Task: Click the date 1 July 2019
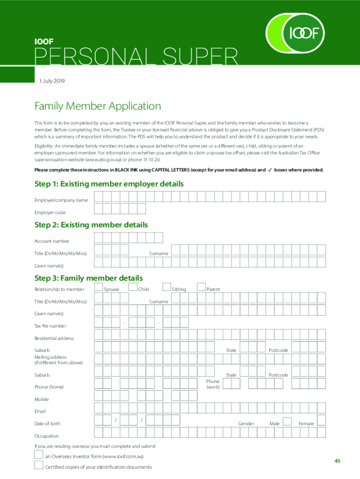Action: pos(51,81)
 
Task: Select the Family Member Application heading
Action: pos(98,106)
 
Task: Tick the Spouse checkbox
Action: pos(99,287)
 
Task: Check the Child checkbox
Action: pos(133,287)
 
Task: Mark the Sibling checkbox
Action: pos(167,287)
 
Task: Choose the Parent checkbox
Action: pos(202,287)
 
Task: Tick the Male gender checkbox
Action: pos(288,421)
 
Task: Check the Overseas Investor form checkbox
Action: pos(39,454)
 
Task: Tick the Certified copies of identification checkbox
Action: pos(39,465)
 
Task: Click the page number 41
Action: pos(337,461)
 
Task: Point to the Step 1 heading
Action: pos(109,184)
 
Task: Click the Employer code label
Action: pos(50,212)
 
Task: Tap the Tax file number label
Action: pos(50,326)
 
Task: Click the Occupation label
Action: pos(46,436)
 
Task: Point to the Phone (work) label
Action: pos(213,384)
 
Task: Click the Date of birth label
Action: pos(47,424)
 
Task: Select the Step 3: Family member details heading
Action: pos(88,278)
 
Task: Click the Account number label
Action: pos(52,241)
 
